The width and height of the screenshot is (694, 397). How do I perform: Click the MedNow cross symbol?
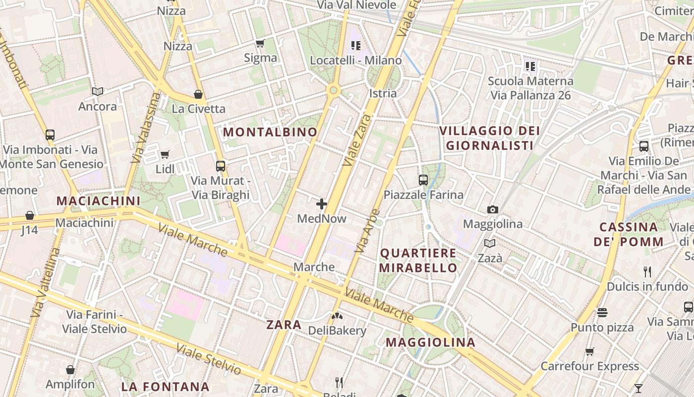pos(322,203)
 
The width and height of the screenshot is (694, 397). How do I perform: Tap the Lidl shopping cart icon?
pos(165,154)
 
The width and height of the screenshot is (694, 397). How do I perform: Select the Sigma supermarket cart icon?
pos(260,43)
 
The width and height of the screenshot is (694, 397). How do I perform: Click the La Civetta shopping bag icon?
pos(198,94)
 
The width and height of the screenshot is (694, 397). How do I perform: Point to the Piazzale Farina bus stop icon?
pos(423,180)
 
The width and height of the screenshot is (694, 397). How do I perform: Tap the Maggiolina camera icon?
pos(492,209)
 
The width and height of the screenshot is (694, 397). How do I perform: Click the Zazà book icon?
pos(490,243)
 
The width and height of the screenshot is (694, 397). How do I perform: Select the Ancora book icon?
pos(98,91)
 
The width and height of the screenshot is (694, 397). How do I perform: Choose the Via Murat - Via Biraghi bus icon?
pos(221,166)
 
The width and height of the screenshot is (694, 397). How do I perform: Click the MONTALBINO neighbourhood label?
pos(270,132)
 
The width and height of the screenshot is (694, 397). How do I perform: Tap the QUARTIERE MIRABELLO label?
pos(418,261)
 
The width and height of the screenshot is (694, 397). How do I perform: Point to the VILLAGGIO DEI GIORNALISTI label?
pos(490,138)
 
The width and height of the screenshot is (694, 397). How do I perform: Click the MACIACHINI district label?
pos(98,201)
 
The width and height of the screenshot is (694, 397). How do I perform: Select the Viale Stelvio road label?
pos(208,359)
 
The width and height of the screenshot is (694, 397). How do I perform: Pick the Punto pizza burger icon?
pos(602,312)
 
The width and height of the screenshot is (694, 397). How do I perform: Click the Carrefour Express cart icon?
pos(589,351)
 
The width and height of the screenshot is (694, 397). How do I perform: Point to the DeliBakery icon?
pos(337,316)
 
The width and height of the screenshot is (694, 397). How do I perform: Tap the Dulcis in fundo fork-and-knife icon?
pos(647,271)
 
